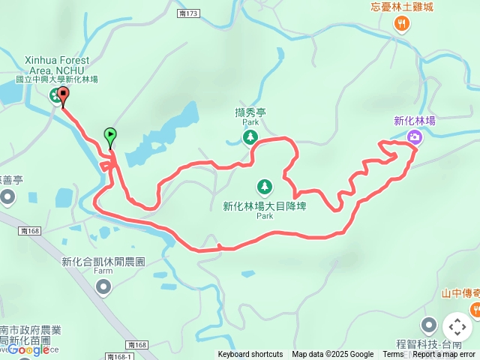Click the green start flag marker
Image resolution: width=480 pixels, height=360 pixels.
(x=110, y=136)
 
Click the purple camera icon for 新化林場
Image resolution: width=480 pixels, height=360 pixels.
(x=415, y=136)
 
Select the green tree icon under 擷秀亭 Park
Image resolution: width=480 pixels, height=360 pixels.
(x=250, y=137)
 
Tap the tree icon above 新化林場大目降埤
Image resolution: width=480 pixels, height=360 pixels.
(x=264, y=185)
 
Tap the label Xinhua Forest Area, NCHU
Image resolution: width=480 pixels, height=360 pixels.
(x=58, y=64)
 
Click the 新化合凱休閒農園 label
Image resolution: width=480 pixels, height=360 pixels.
(x=103, y=262)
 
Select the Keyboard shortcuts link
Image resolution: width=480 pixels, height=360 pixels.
(x=250, y=355)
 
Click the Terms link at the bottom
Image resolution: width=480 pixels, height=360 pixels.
(x=393, y=355)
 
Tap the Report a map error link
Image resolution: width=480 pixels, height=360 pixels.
(x=444, y=355)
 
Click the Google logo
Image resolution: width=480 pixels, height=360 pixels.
(x=28, y=349)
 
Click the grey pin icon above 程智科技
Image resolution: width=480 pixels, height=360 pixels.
(x=429, y=325)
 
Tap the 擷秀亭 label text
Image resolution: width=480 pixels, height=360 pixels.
(x=250, y=112)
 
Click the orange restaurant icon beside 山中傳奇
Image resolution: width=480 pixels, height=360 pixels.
(x=475, y=309)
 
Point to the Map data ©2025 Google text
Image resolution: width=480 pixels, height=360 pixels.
(x=333, y=355)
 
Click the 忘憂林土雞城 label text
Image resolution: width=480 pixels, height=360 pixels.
(x=402, y=7)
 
